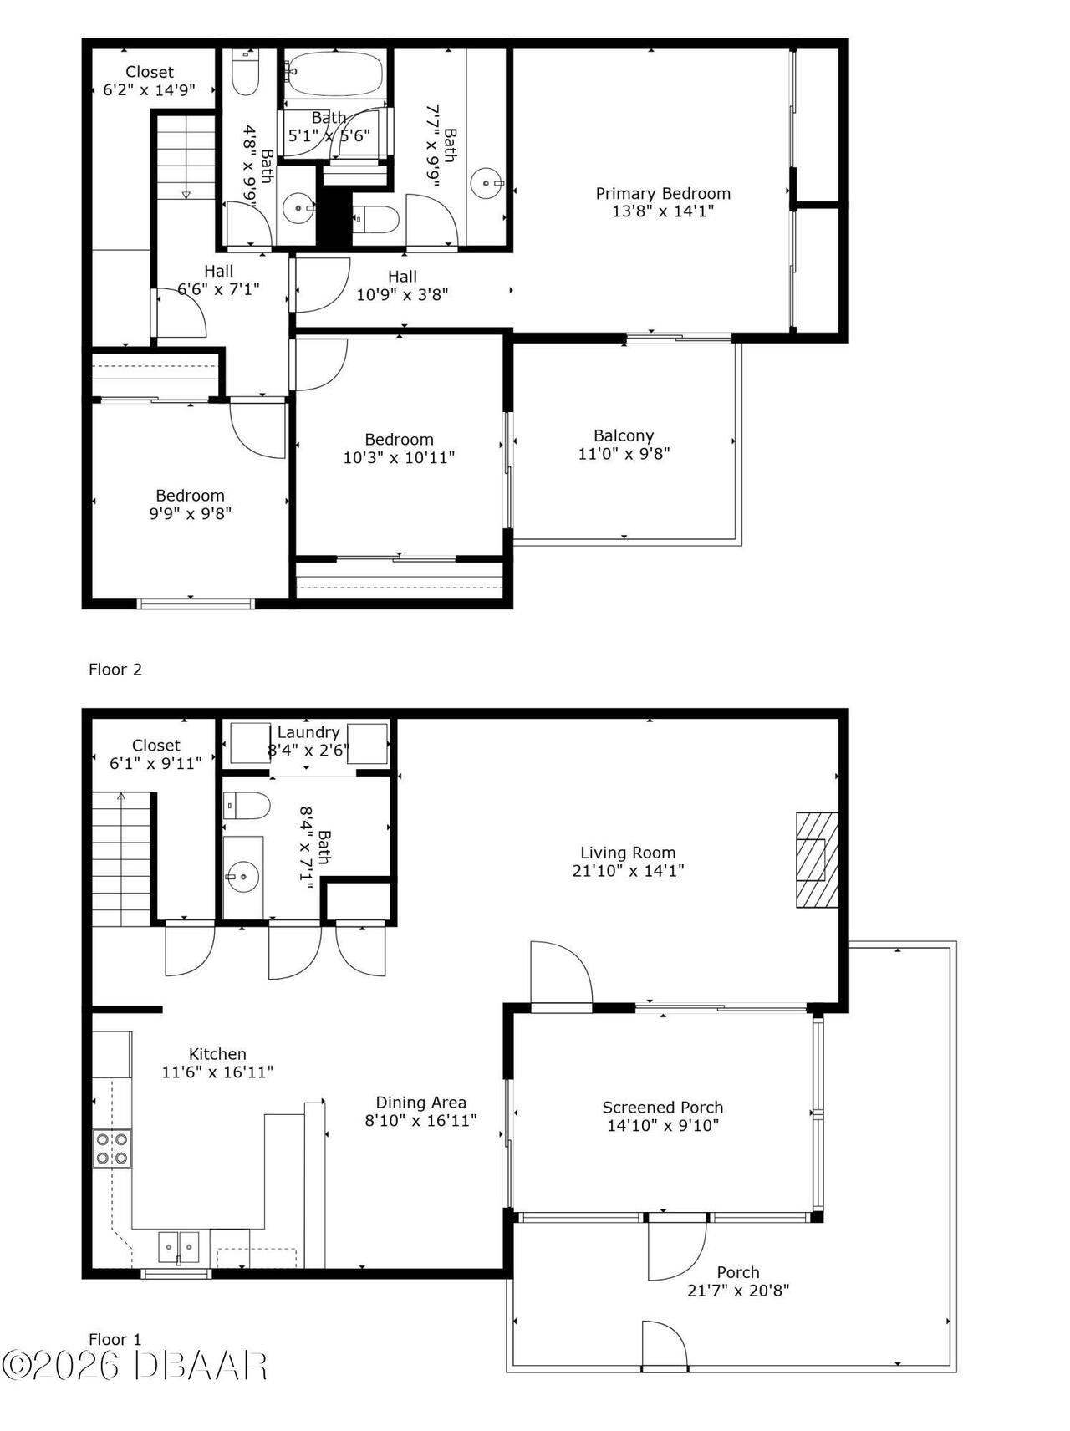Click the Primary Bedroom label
click(663, 193)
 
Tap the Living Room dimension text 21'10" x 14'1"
click(628, 871)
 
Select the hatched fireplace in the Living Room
click(816, 859)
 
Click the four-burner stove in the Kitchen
click(112, 1148)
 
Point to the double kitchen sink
click(179, 1248)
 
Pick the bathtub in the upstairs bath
click(334, 74)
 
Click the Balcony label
click(624, 435)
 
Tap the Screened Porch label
click(663, 1108)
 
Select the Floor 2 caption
click(115, 670)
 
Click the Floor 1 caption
click(115, 1339)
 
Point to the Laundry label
click(308, 732)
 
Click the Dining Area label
click(420, 1103)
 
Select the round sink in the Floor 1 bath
click(242, 877)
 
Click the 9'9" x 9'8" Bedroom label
click(190, 496)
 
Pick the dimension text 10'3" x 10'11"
click(399, 458)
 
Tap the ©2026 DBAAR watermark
click(134, 1367)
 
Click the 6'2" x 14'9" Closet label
click(150, 72)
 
